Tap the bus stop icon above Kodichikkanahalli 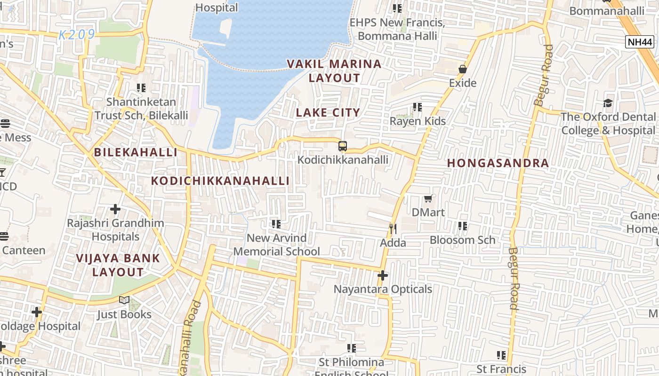343,146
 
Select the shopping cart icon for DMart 428,199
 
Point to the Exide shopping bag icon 463,69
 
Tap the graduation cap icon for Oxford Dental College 608,103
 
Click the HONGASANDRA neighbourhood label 498,163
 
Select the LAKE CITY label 328,112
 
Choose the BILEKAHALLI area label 136,152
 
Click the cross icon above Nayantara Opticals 383,275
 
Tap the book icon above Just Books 124,300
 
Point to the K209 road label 77,35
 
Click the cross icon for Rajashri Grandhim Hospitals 115,209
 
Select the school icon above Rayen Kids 418,107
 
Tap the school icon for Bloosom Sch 463,226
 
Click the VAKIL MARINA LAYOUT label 334,71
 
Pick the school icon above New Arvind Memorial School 276,224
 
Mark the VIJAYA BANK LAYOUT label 118,265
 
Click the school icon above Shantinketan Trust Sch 141,88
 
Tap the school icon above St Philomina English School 352,348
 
